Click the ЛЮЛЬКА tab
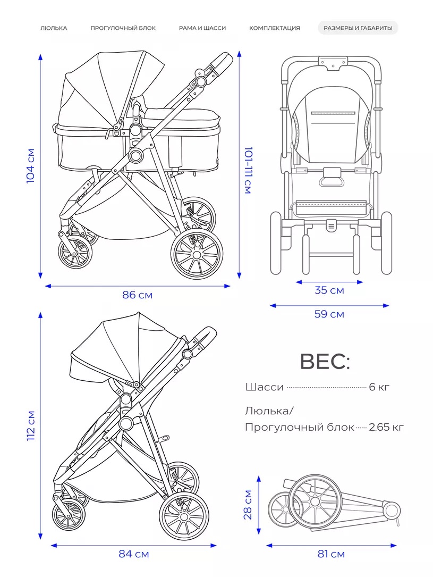(x=54, y=28)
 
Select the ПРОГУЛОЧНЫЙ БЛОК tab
(x=123, y=28)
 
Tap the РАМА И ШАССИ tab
(x=202, y=28)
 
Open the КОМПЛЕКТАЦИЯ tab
(x=275, y=28)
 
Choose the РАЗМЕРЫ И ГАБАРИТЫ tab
(x=358, y=28)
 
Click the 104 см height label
(x=30, y=165)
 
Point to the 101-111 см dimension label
(x=249, y=170)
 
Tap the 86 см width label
(x=137, y=295)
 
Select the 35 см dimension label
(x=329, y=290)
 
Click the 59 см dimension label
(x=329, y=314)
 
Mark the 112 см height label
(x=31, y=426)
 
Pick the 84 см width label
(x=134, y=554)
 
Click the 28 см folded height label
(x=248, y=505)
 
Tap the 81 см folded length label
(x=331, y=554)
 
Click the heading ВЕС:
(x=325, y=362)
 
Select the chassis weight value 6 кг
(x=379, y=387)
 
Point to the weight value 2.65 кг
(x=386, y=427)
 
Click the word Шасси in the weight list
(x=264, y=387)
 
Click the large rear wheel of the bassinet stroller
(x=197, y=254)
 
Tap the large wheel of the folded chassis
(x=315, y=501)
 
